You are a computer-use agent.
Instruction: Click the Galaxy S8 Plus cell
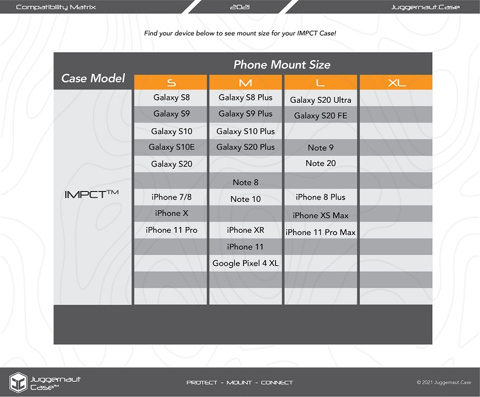tap(245, 98)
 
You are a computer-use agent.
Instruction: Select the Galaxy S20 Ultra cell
tap(320, 100)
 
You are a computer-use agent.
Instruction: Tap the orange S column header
tap(171, 82)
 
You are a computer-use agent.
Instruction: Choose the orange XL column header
tap(396, 82)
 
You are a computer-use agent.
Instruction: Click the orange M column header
tap(245, 82)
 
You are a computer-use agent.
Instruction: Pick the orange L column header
tap(320, 82)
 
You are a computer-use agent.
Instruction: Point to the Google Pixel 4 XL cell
tap(245, 264)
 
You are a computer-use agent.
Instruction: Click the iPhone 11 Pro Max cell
tap(320, 232)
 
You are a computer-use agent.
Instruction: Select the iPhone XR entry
tap(245, 230)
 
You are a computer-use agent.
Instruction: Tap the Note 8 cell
tap(245, 182)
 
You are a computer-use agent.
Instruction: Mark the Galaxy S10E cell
tap(171, 147)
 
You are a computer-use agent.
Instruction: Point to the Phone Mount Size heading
tap(282, 64)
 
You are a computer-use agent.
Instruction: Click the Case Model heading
tap(93, 78)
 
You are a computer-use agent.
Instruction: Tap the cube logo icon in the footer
tap(18, 382)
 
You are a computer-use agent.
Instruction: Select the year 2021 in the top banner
tap(240, 7)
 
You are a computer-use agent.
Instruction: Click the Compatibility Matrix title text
tap(56, 7)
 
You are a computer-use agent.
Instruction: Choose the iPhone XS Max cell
tap(320, 215)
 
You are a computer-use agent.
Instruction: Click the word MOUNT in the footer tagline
tap(239, 382)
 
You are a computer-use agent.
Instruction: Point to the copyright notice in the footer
tap(443, 382)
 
